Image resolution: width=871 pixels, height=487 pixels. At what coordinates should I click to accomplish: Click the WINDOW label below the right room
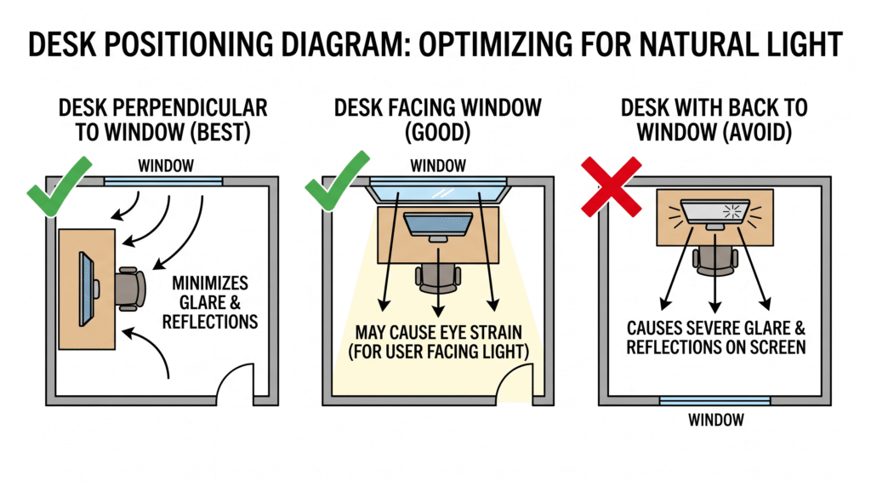pyautogui.click(x=715, y=420)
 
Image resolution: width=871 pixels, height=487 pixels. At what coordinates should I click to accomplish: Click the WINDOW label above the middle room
pyautogui.click(x=438, y=165)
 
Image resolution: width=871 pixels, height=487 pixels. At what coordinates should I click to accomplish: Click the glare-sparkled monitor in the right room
pyautogui.click(x=715, y=211)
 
